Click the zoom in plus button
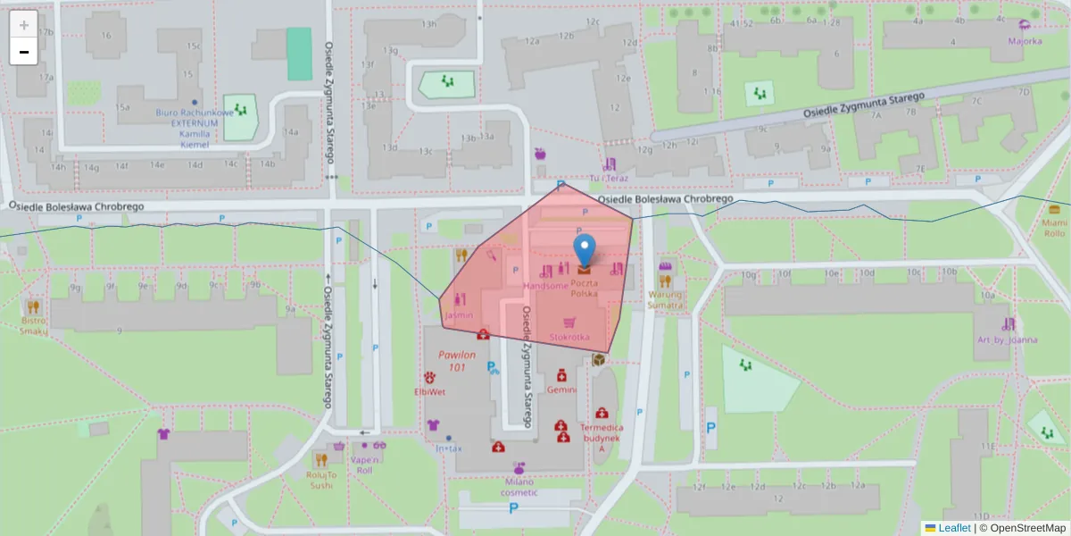point(24,24)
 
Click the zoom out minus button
point(24,52)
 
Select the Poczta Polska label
point(585,288)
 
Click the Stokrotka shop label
point(569,337)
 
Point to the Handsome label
point(545,286)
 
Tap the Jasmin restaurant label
point(458,316)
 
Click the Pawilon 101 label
point(458,361)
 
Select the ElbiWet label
point(429,391)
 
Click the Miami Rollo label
point(1054,228)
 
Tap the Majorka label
point(1025,41)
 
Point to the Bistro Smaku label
point(34,325)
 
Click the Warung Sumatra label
point(665,299)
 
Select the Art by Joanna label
point(1007,339)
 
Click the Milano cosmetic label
point(519,487)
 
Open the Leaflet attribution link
point(954,528)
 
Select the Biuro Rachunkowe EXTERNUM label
point(195,123)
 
